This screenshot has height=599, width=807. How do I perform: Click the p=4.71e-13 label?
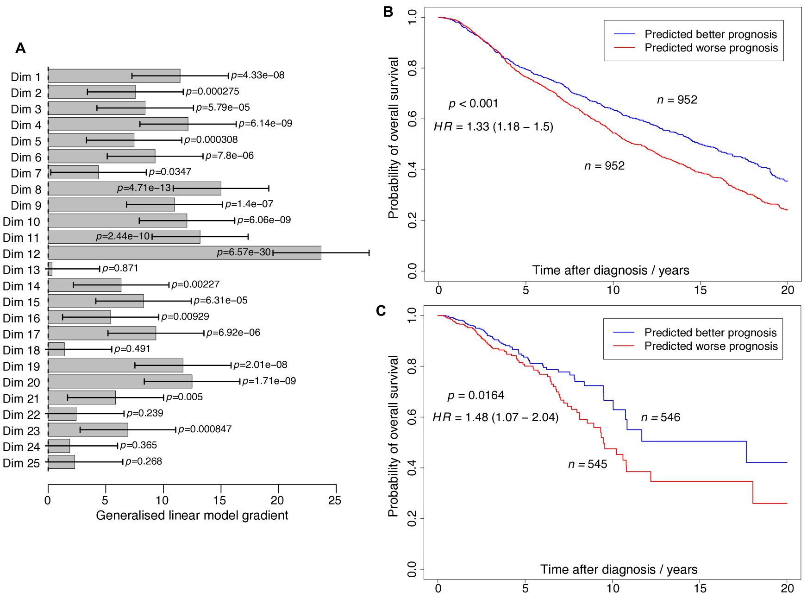click(144, 188)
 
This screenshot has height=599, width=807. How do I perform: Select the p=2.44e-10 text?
click(123, 236)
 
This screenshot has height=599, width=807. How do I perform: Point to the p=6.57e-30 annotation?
click(244, 252)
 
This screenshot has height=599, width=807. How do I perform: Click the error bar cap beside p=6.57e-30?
click(274, 252)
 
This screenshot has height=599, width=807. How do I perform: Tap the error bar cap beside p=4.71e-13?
click(174, 188)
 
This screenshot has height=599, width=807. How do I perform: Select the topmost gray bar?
click(114, 76)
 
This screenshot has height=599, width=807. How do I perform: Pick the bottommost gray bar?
click(62, 462)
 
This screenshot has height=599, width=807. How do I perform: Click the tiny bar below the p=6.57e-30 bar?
click(50, 269)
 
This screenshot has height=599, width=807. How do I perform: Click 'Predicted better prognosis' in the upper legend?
click(710, 34)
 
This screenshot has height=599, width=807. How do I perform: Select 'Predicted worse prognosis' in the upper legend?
click(711, 48)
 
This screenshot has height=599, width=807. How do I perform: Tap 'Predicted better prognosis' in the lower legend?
click(710, 333)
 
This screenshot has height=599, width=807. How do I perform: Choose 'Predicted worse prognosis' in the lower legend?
click(711, 346)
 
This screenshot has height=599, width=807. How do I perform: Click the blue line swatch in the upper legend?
click(624, 34)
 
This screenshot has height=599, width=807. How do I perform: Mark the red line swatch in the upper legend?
click(624, 48)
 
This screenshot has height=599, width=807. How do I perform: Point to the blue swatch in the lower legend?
click(624, 333)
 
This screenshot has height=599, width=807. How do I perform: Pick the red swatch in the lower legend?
click(624, 346)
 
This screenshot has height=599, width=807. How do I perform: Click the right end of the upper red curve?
click(787, 210)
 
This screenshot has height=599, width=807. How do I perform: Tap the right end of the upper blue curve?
click(787, 181)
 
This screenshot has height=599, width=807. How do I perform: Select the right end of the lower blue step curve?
click(786, 462)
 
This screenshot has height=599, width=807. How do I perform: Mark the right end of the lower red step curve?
click(786, 503)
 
